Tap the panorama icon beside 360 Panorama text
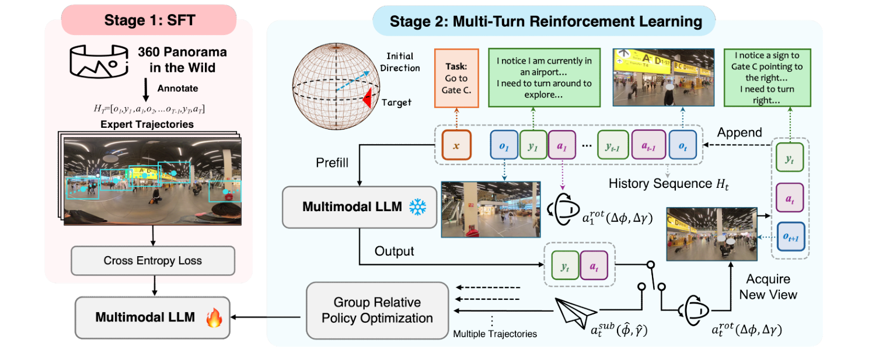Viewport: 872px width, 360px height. pos(98,60)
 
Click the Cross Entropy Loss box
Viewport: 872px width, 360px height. pos(152,260)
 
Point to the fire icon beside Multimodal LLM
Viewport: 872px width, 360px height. pos(214,318)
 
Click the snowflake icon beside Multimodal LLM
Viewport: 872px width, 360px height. pos(418,206)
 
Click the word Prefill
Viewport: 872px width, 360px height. pos(332,162)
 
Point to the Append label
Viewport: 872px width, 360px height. pos(737,131)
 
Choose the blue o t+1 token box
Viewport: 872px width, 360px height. pos(790,237)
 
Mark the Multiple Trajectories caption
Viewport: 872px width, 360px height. pos(495,334)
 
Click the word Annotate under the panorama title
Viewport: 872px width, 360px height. pos(177,89)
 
